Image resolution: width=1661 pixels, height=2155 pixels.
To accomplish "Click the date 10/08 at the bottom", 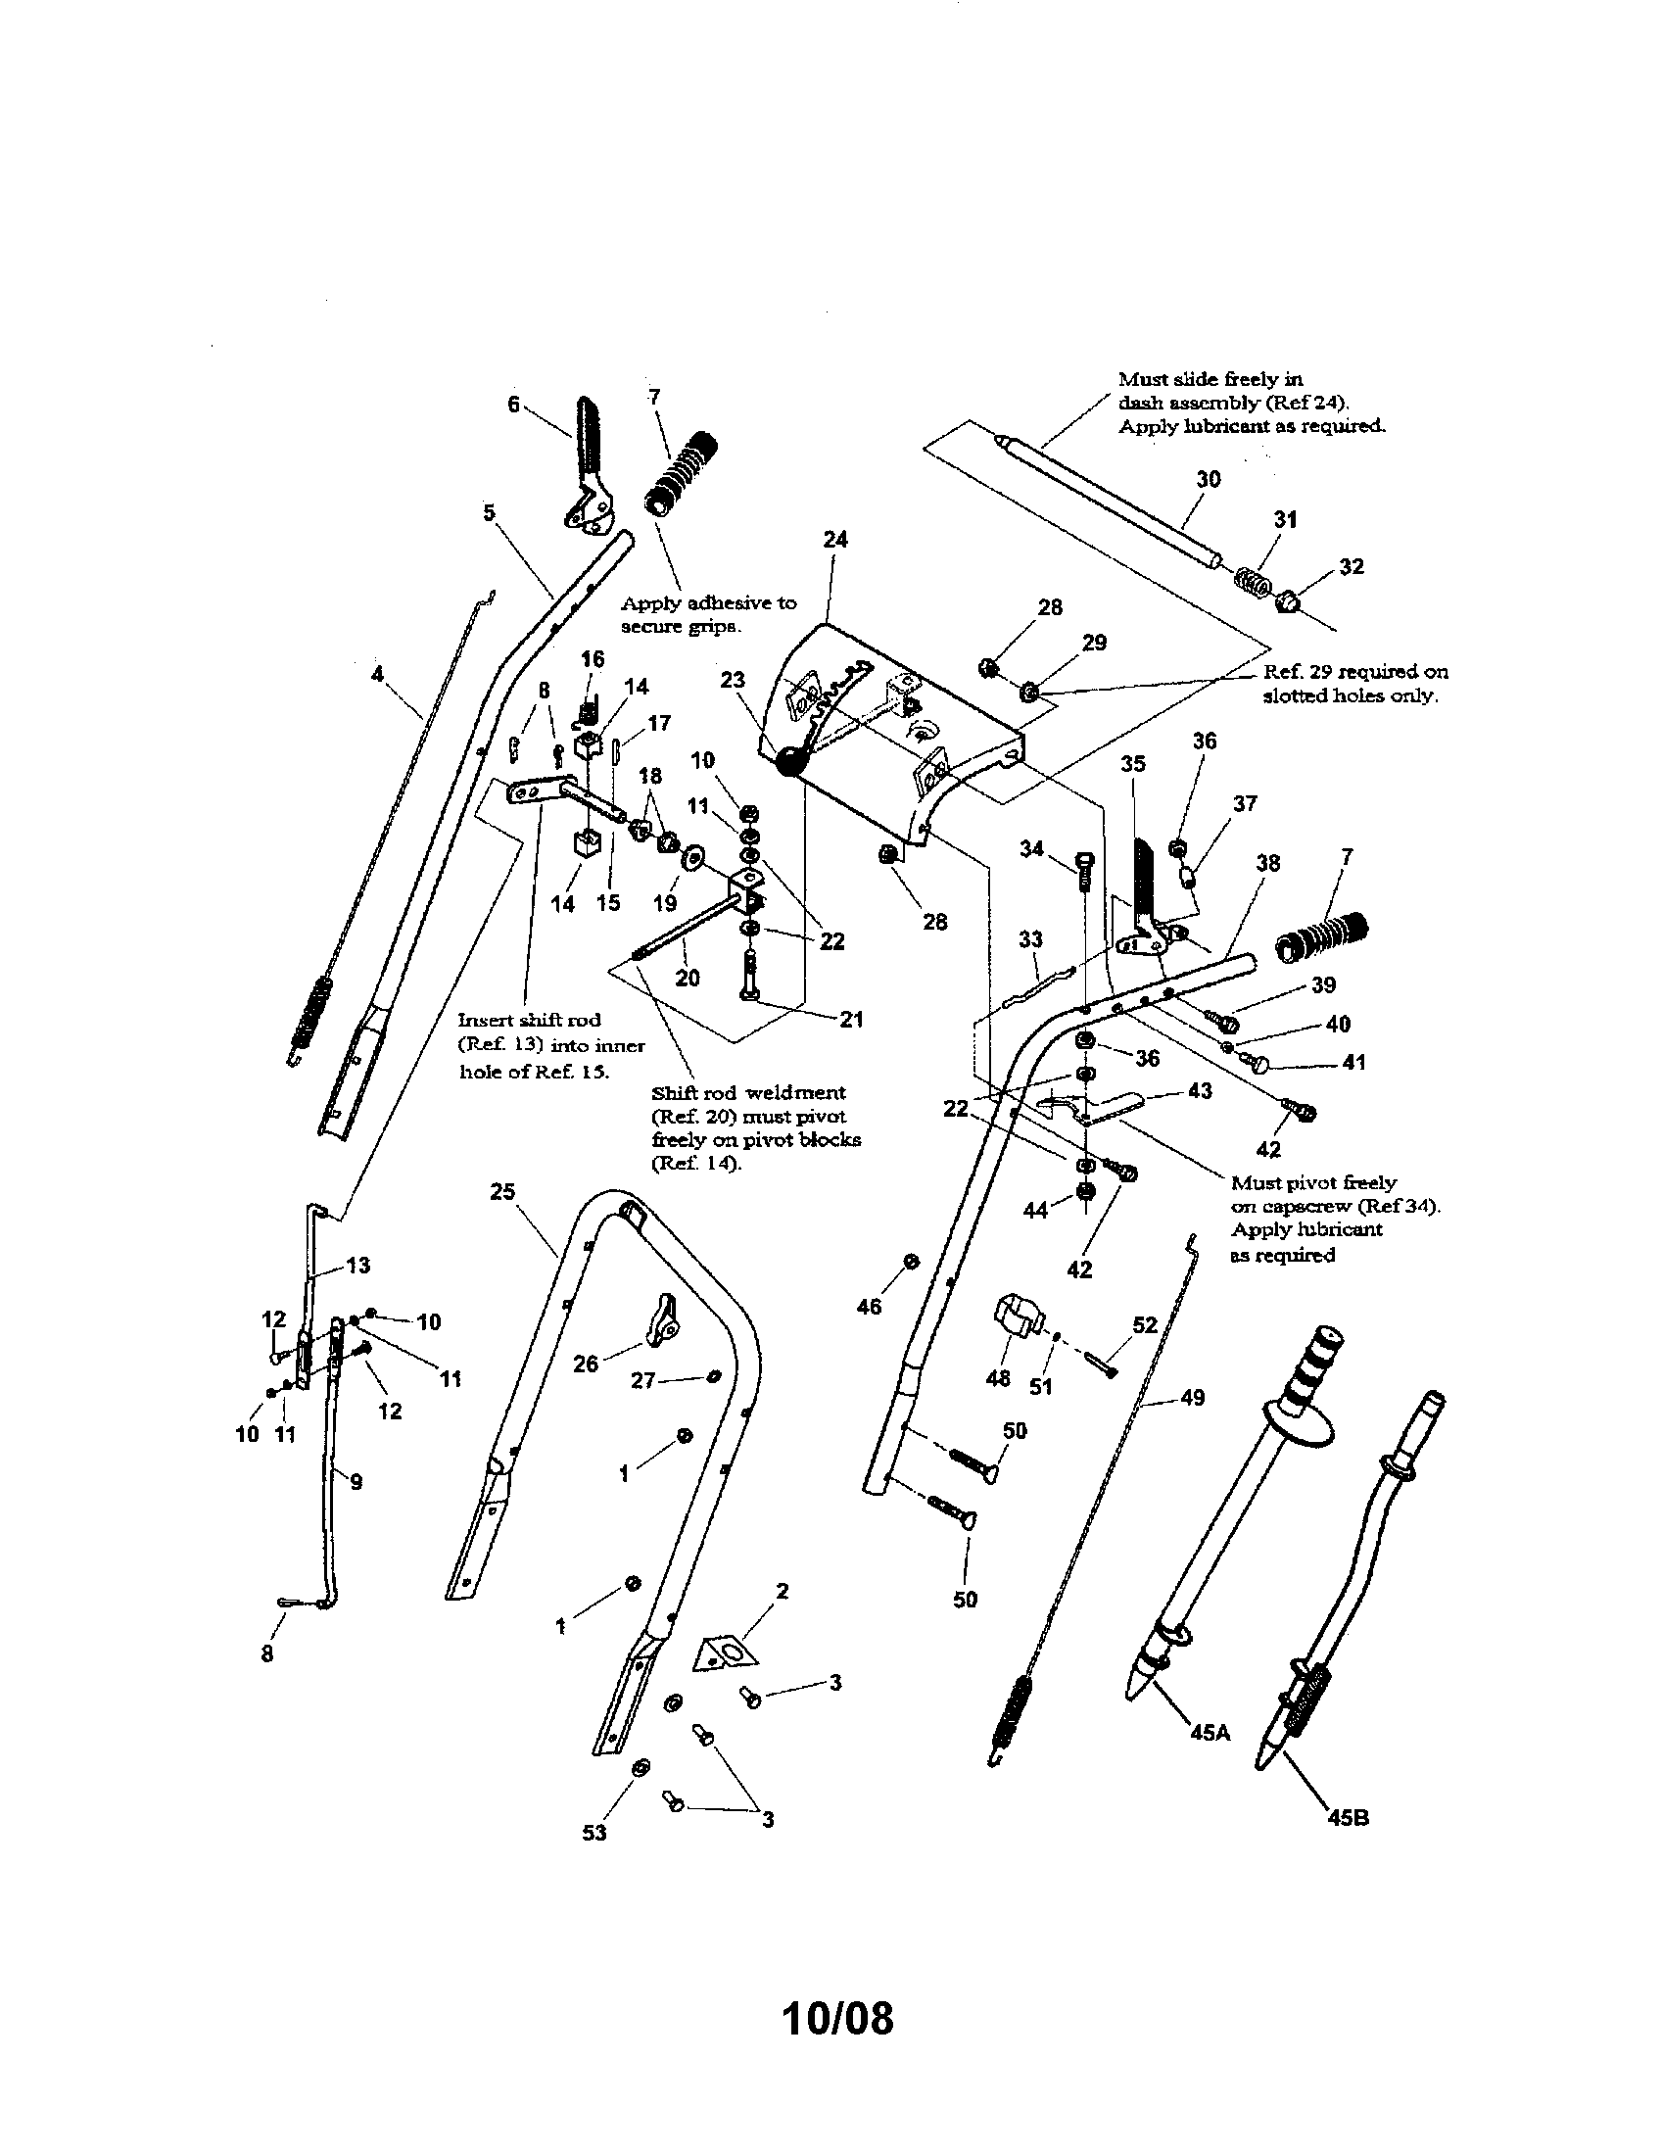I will [x=836, y=2019].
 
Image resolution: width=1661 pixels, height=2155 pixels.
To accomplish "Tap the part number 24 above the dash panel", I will [x=834, y=540].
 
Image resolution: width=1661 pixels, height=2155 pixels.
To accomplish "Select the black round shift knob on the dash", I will [x=791, y=762].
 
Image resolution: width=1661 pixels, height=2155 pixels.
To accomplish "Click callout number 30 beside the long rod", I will [x=1209, y=480].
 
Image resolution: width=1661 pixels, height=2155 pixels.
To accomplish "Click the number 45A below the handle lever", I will [x=1210, y=1731].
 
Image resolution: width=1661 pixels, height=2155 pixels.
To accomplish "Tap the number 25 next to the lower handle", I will [x=503, y=1192].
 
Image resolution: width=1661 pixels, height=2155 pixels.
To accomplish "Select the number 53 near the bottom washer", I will [x=594, y=1833].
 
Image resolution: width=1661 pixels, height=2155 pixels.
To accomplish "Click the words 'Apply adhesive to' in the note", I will [x=708, y=602].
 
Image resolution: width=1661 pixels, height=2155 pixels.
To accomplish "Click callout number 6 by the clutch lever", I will [x=513, y=404].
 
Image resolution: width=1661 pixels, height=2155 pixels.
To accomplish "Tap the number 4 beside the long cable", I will [x=377, y=674].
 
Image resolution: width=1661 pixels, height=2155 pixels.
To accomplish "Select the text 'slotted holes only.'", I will [x=1350, y=695].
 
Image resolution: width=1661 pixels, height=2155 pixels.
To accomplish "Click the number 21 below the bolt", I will [x=850, y=1020].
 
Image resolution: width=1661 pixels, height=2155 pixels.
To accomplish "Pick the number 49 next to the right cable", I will [x=1193, y=1398].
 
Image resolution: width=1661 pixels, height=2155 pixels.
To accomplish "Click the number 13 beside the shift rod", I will [x=358, y=1265].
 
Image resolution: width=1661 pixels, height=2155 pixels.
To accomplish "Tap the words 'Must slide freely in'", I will [x=1210, y=379].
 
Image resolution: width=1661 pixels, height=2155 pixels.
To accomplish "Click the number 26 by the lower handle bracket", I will [x=586, y=1365].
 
